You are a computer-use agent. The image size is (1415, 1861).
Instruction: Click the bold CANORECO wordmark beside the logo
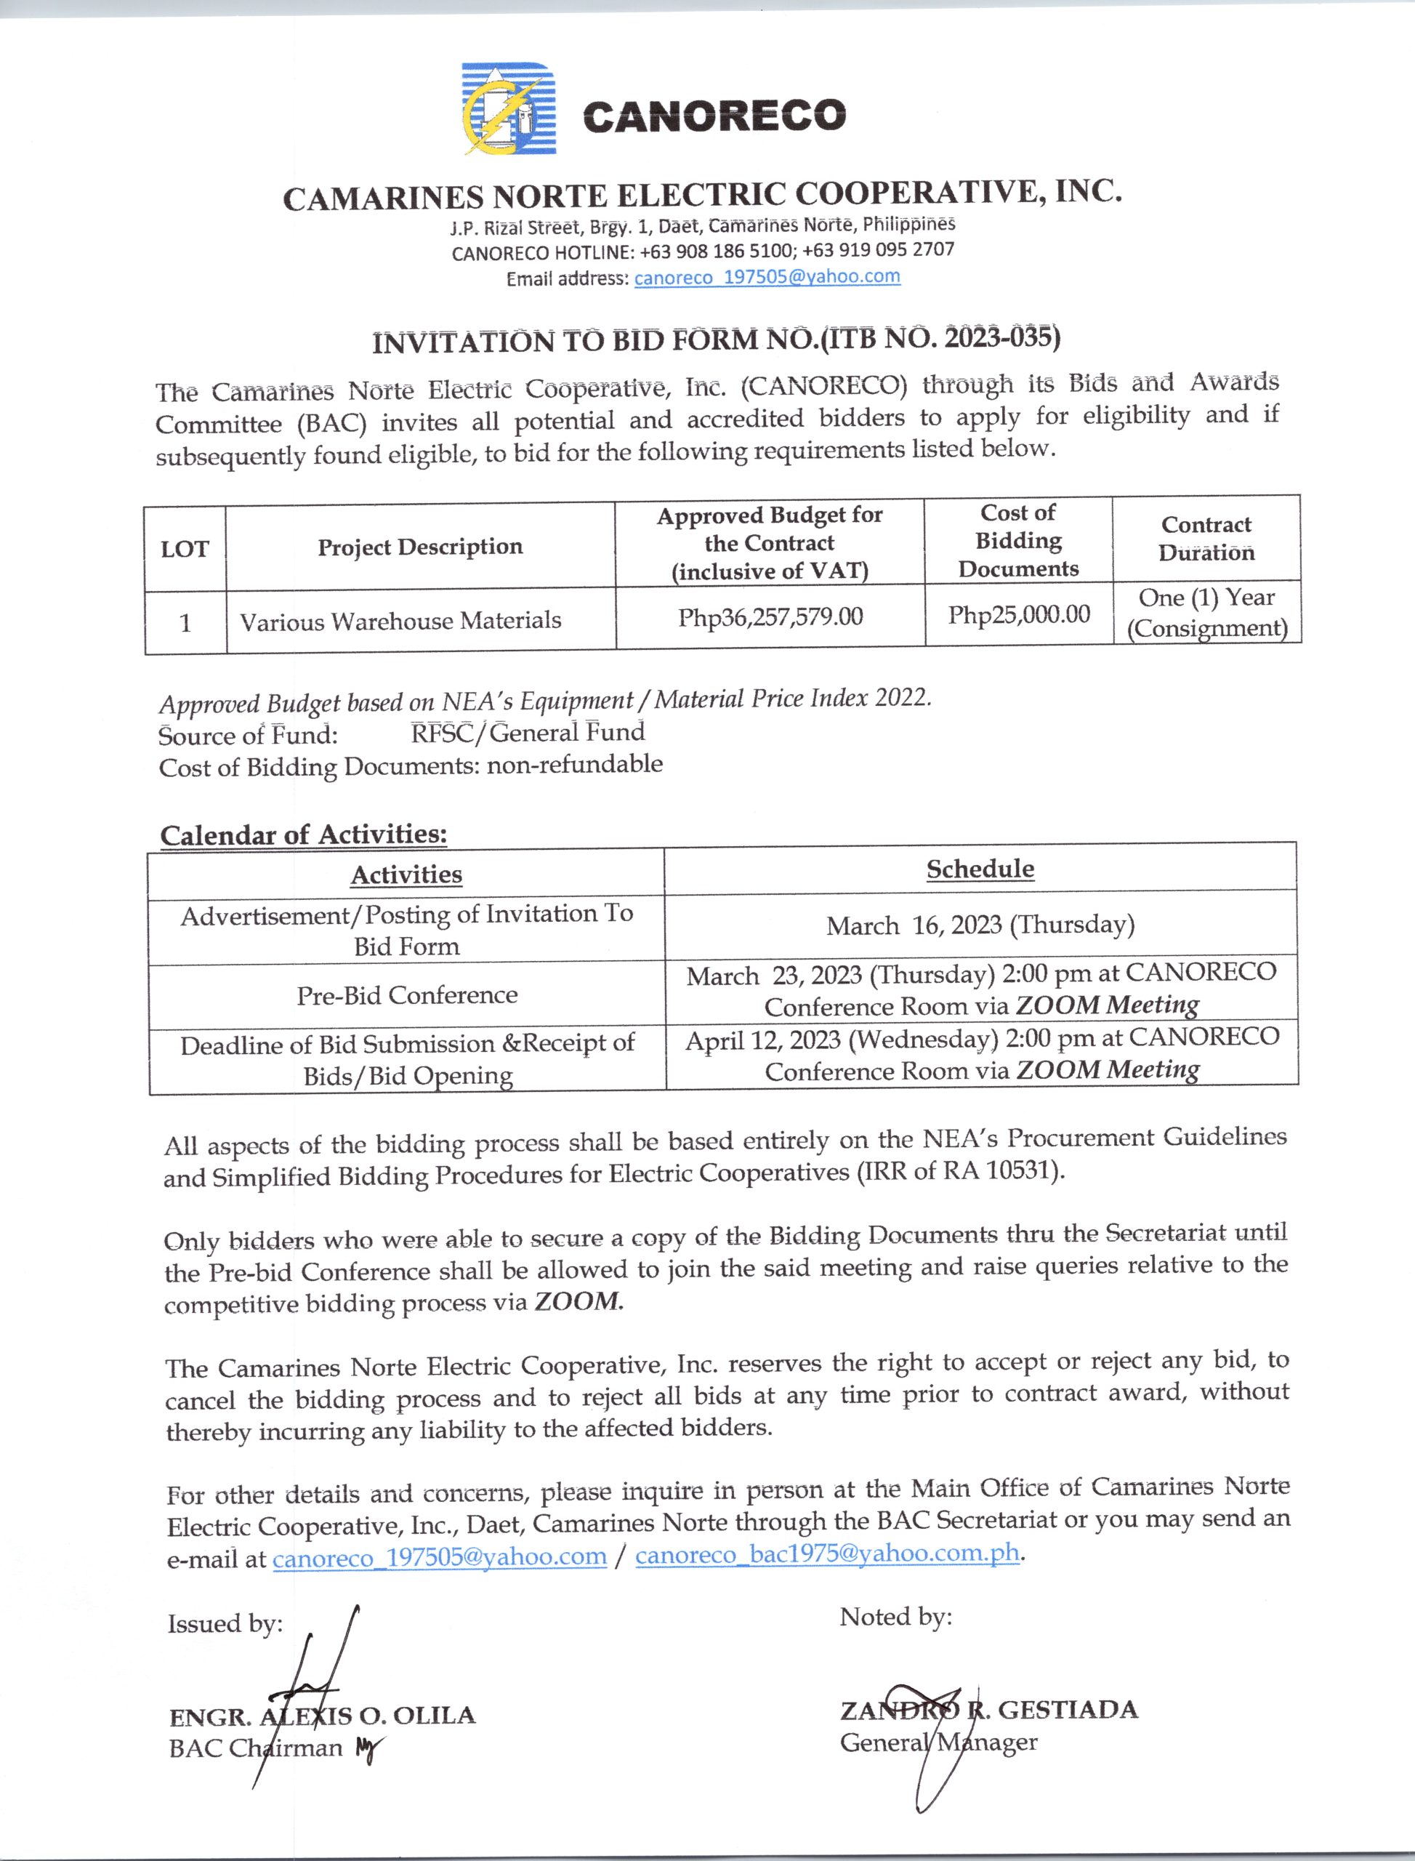tap(714, 116)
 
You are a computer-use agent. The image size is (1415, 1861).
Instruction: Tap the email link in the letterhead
tap(767, 277)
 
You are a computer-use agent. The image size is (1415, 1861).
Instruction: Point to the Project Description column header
tap(419, 547)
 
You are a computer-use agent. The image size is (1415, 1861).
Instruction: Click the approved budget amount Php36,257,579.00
tap(770, 616)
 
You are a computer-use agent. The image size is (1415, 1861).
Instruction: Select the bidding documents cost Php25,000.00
tap(1018, 614)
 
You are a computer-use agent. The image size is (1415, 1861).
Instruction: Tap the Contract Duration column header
tap(1206, 539)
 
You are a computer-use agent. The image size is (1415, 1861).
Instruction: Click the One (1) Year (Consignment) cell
tap(1206, 613)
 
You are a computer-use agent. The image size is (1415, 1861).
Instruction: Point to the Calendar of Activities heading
tap(303, 834)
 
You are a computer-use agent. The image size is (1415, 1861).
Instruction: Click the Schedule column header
tap(980, 869)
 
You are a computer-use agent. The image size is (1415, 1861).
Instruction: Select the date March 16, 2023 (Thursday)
tap(980, 925)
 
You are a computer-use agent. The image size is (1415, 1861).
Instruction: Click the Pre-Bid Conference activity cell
tap(406, 995)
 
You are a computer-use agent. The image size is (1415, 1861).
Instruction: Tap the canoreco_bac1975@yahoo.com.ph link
tap(827, 1553)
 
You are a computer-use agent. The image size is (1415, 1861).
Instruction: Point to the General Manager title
tap(938, 1741)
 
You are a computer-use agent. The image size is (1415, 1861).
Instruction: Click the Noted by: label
tap(895, 1617)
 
